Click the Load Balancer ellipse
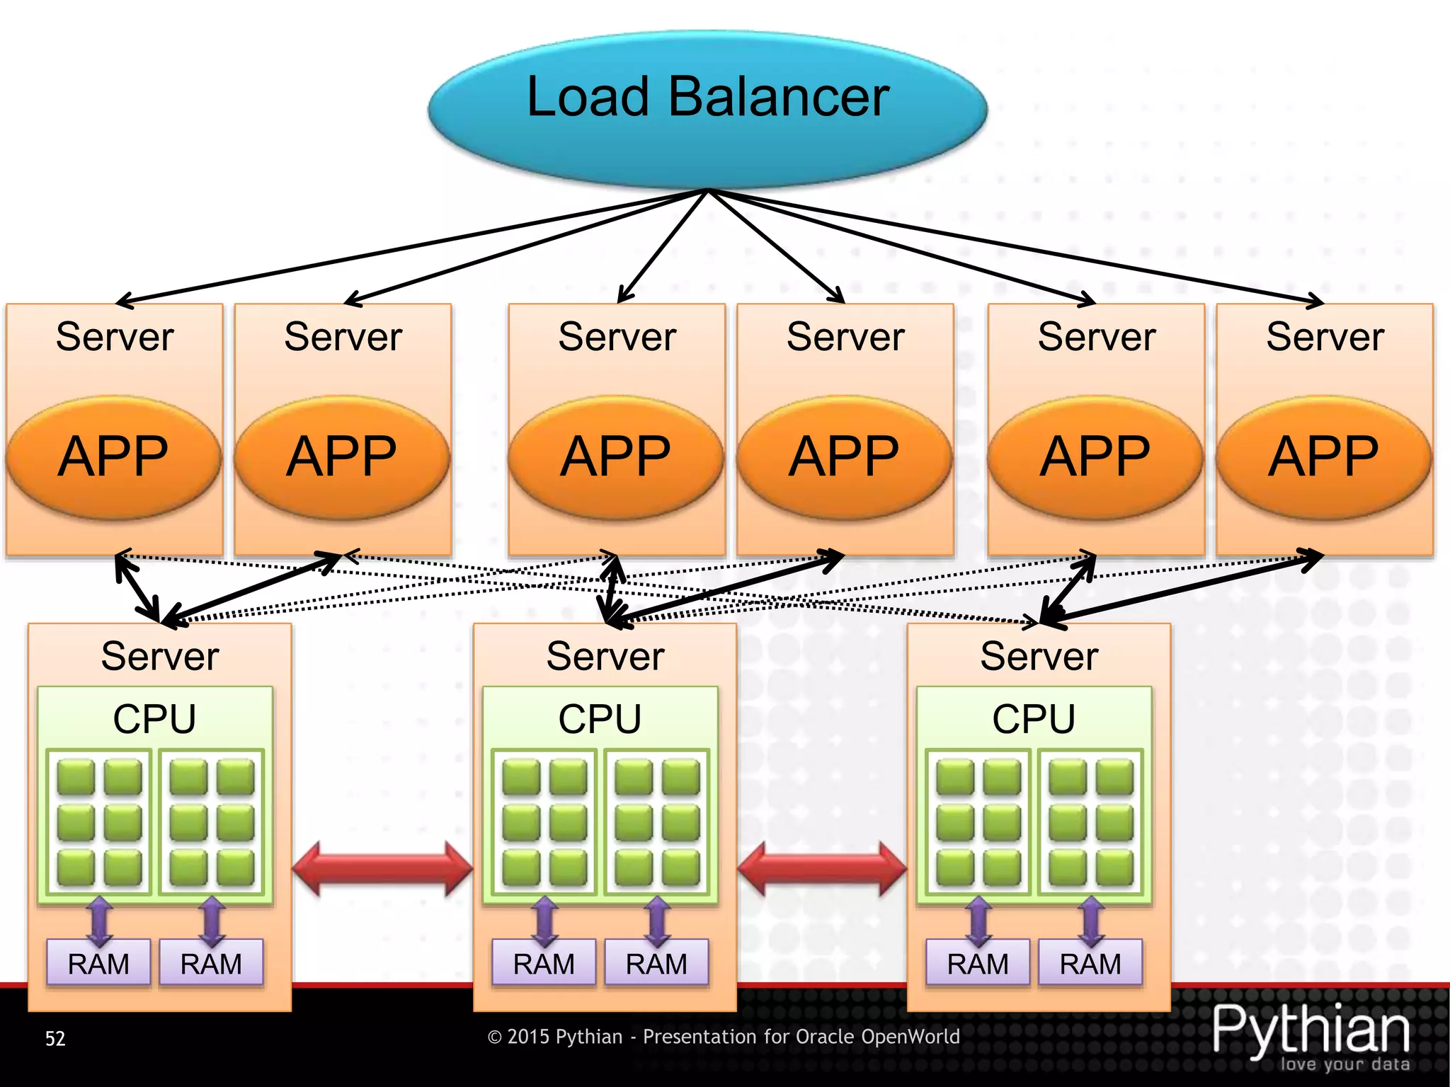pos(708,106)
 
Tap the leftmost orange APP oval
pos(113,457)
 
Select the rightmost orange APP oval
pos(1324,457)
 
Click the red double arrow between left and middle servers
pos(382,869)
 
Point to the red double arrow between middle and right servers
pos(822,869)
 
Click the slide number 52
pos(55,1038)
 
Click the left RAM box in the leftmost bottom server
pos(98,963)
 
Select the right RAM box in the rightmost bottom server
pos(1090,963)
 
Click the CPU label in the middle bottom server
pos(600,719)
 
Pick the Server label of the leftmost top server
pos(115,337)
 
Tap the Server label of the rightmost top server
pos(1325,337)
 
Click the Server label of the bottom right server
pos(1039,656)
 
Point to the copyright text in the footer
pos(724,1037)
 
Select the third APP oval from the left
pos(616,457)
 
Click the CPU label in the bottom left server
pos(154,719)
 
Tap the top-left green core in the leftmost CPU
pos(76,777)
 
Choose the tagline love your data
pos(1345,1064)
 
